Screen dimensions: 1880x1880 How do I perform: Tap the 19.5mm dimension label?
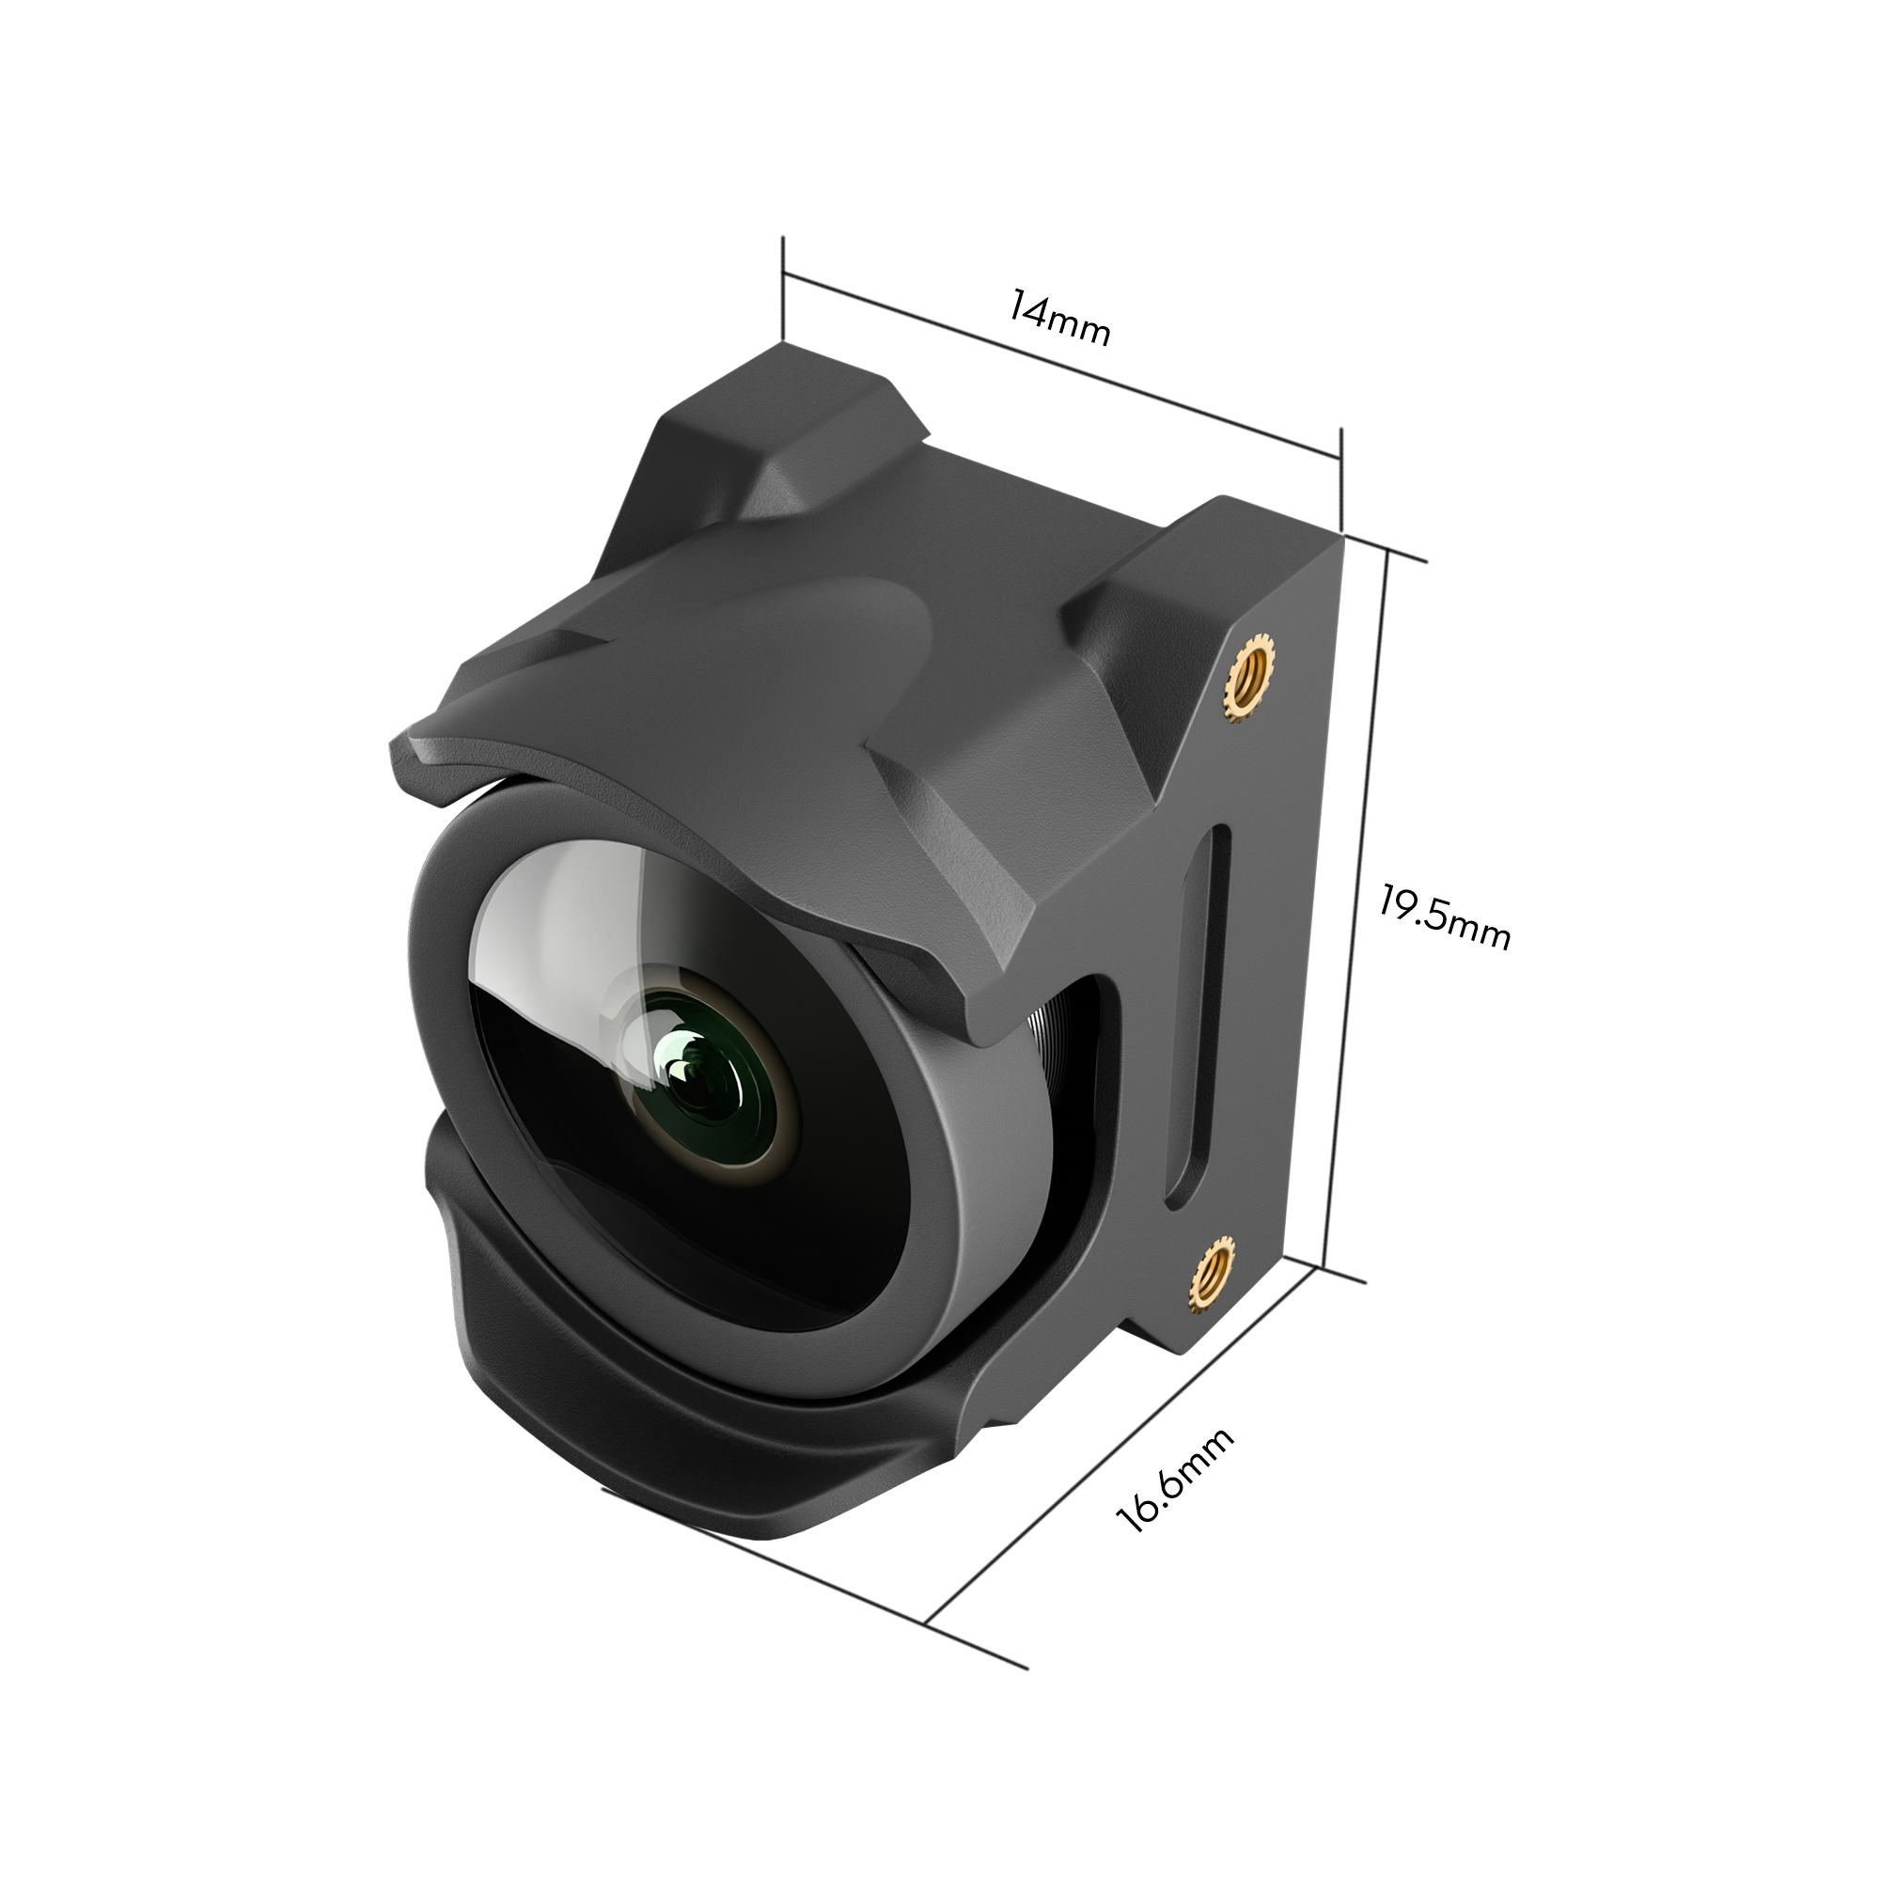(1444, 918)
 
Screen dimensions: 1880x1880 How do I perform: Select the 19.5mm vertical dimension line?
(1355, 915)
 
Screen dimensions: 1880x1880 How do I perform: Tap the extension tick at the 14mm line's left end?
(783, 287)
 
